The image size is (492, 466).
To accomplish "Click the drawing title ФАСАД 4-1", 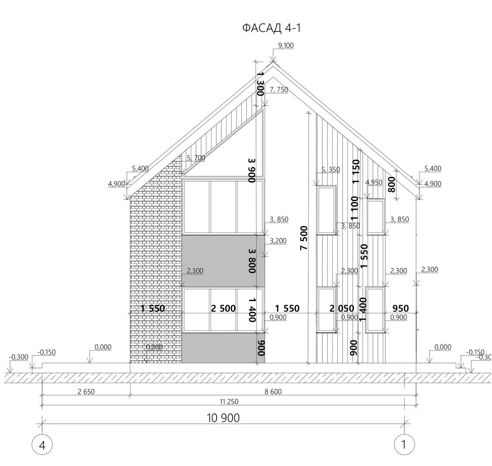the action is pyautogui.click(x=271, y=28).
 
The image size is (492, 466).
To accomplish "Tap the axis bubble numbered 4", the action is pyautogui.click(x=42, y=445).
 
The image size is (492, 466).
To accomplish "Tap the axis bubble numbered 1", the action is pyautogui.click(x=404, y=444).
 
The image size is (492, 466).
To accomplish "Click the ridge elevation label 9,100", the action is pyautogui.click(x=286, y=45).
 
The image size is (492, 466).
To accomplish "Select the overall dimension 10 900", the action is pyautogui.click(x=223, y=418).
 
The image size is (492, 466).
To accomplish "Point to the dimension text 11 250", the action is pyautogui.click(x=229, y=402).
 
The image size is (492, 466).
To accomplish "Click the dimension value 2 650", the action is pyautogui.click(x=86, y=392).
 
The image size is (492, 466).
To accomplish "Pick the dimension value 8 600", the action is pyautogui.click(x=273, y=392).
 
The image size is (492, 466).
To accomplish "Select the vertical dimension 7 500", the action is pyautogui.click(x=304, y=238).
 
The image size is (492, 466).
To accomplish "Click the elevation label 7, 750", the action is pyautogui.click(x=279, y=90).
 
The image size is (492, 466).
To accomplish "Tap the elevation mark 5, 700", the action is pyautogui.click(x=196, y=158).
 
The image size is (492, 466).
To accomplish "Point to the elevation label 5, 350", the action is pyautogui.click(x=331, y=170).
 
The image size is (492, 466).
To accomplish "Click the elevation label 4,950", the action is pyautogui.click(x=374, y=183).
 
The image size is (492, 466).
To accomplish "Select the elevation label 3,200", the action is pyautogui.click(x=278, y=241).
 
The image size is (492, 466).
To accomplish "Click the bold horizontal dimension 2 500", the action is pyautogui.click(x=223, y=309).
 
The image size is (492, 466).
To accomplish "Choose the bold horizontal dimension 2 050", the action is pyautogui.click(x=342, y=309).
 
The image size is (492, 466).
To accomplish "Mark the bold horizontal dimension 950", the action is pyautogui.click(x=401, y=309).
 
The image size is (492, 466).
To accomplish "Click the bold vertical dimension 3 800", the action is pyautogui.click(x=252, y=261).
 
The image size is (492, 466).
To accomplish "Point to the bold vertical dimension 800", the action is pyautogui.click(x=391, y=185).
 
